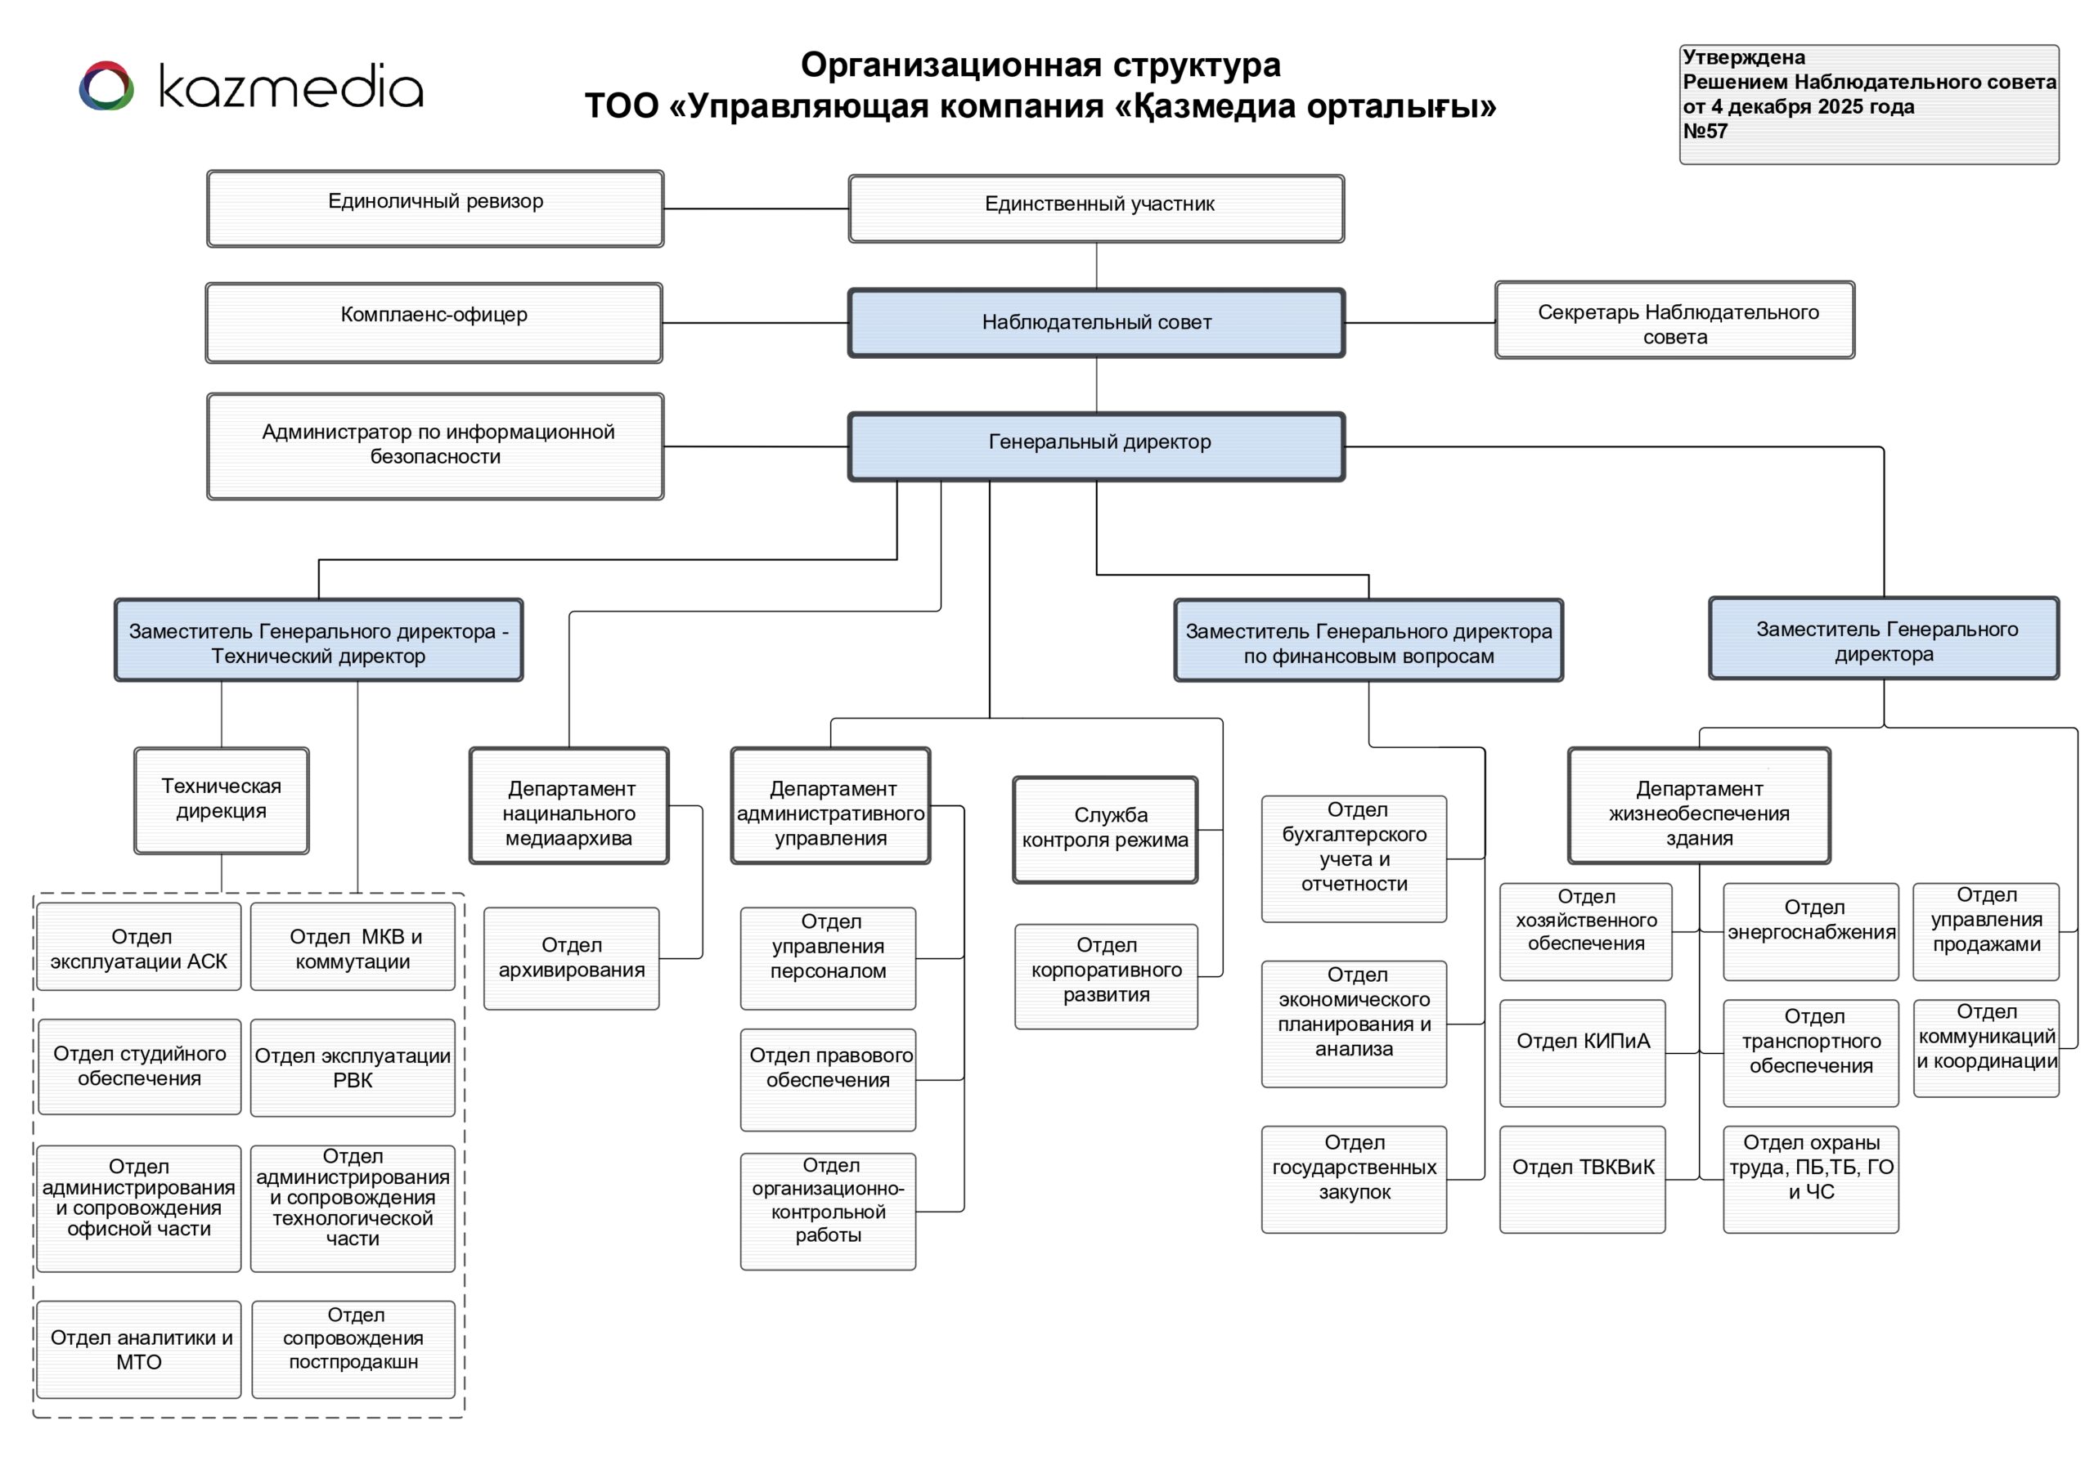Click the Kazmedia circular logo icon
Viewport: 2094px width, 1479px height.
(106, 87)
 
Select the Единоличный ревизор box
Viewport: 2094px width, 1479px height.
(435, 208)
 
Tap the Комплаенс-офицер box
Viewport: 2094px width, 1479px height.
(434, 323)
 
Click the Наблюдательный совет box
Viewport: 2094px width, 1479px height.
(1096, 323)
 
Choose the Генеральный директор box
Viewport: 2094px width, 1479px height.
(1096, 446)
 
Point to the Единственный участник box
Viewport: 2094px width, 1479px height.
(1096, 208)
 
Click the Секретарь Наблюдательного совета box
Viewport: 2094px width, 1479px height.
(1674, 320)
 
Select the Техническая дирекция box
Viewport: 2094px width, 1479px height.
(222, 800)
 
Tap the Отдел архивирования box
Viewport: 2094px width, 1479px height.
(571, 958)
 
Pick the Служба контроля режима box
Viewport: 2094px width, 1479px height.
(1104, 829)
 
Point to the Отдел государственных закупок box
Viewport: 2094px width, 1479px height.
(1354, 1179)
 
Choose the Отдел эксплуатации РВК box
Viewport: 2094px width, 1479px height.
(352, 1068)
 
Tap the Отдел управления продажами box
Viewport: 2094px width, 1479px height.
(1985, 931)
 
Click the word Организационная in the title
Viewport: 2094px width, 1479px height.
(950, 65)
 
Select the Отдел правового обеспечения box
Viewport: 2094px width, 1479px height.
(828, 1080)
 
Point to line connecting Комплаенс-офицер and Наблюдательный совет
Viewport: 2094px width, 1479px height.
(755, 323)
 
